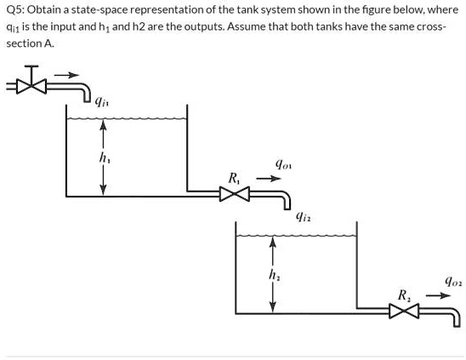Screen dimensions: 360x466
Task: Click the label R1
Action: coord(234,178)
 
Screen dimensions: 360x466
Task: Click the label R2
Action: coord(404,294)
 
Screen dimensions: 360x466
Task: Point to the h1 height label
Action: coord(104,157)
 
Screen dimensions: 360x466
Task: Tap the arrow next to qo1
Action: coord(267,179)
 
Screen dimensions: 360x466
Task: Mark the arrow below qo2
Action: coord(436,295)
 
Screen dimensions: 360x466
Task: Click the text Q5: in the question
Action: coord(16,10)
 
